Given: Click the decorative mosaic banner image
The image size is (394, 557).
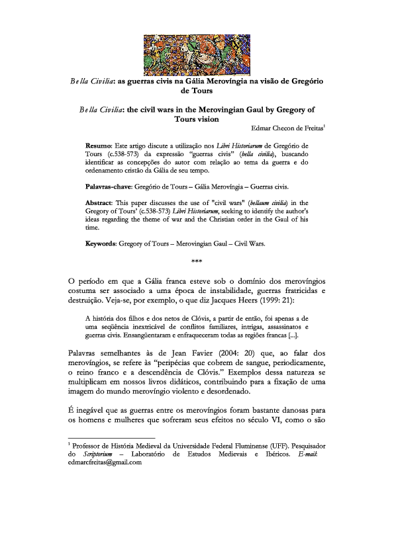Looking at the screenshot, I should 197,54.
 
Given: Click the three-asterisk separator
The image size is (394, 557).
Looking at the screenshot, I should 196,260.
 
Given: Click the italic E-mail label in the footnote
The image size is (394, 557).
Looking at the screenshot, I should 311,454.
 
